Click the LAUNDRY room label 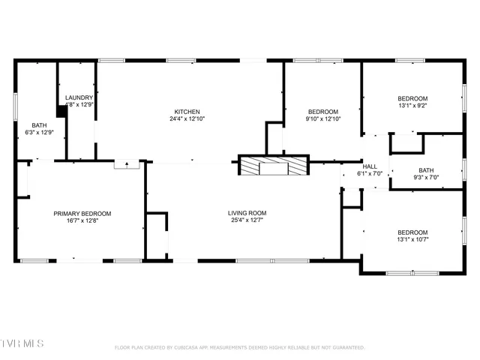[x=79, y=97]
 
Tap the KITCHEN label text [x=187, y=111]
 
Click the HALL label [x=370, y=166]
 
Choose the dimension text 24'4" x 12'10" [x=187, y=118]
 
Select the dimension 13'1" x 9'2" [x=412, y=106]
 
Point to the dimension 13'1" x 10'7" [x=412, y=239]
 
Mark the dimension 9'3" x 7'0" [x=426, y=178]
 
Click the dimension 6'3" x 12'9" [x=39, y=133]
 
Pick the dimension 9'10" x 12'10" [x=323, y=118]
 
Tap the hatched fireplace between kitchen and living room [x=273, y=166]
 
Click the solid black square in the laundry [x=62, y=110]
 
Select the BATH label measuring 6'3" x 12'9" [x=39, y=125]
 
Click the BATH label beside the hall [x=426, y=170]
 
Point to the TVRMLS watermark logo [x=22, y=343]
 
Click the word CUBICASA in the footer [x=194, y=348]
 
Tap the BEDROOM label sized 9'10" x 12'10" [x=323, y=111]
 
